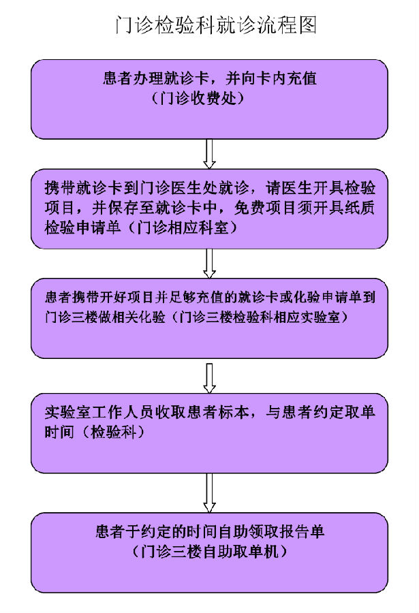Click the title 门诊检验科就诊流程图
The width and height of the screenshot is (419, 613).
coord(215,25)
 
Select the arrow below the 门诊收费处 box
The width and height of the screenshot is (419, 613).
coord(209,154)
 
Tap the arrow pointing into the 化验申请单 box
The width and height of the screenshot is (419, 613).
coord(209,264)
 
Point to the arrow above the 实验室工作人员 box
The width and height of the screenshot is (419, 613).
coord(209,378)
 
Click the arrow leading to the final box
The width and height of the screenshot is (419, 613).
coord(209,492)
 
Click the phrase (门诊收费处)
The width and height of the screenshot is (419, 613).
coord(198,98)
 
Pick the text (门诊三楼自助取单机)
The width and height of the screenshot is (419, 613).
coord(210,551)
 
